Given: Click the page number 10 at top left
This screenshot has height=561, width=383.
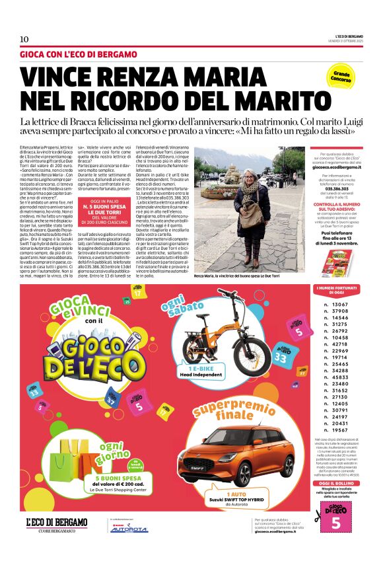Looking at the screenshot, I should tap(24, 39).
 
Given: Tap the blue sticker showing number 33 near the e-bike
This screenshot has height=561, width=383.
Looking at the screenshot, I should tap(280, 357).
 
